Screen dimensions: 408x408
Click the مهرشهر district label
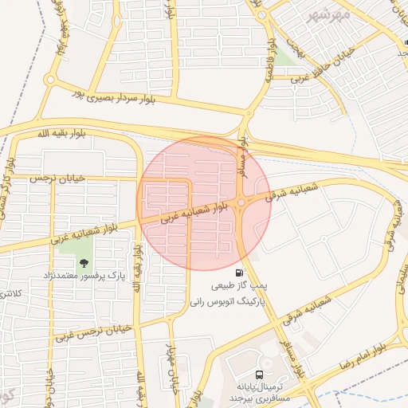pos(328,14)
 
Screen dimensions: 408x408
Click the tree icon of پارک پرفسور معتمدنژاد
pos(83,263)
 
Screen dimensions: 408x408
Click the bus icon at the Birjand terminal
pos(259,375)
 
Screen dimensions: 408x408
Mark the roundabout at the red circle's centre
pos(241,202)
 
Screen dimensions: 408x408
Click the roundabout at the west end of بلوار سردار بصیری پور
pos(49,80)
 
